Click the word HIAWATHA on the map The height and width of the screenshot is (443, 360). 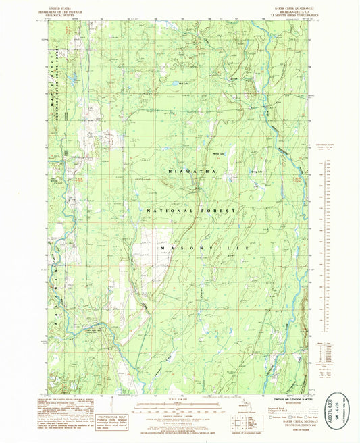(193, 172)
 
